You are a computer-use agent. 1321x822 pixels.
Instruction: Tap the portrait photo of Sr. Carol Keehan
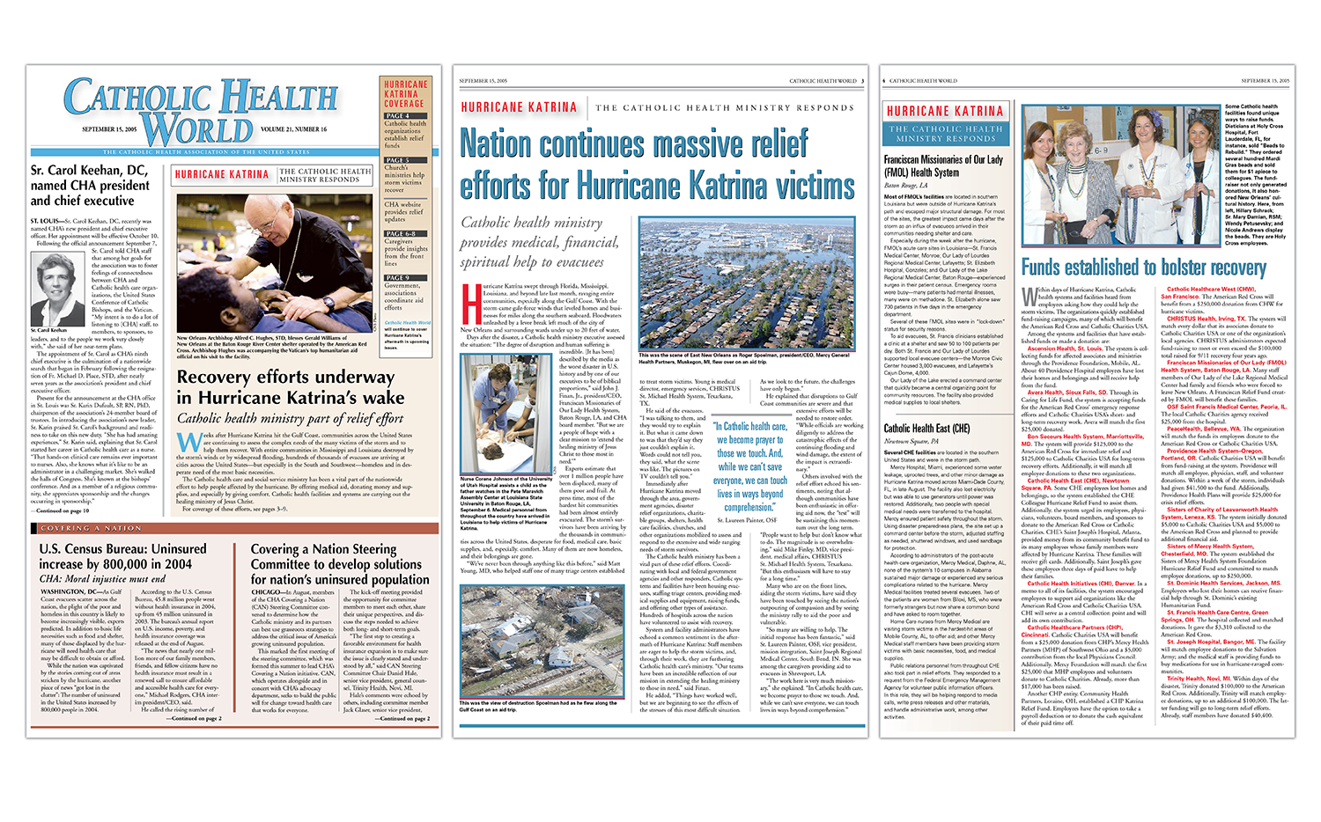(57, 288)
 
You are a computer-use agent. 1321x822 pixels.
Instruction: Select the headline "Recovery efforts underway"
(285, 377)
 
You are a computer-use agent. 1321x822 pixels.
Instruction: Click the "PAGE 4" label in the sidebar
(396, 115)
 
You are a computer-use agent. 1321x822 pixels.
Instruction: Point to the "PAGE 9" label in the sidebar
(396, 277)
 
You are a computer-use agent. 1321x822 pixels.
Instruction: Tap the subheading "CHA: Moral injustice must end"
(102, 579)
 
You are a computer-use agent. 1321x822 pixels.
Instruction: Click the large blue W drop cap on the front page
(188, 442)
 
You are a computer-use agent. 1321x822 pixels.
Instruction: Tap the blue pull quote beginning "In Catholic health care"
(749, 466)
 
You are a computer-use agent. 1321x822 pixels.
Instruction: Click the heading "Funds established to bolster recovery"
(1143, 267)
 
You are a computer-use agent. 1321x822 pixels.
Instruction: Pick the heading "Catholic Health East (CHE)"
(926, 429)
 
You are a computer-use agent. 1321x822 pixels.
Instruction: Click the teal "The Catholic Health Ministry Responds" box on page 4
(945, 134)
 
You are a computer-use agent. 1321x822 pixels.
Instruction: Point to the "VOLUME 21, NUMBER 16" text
(293, 129)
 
